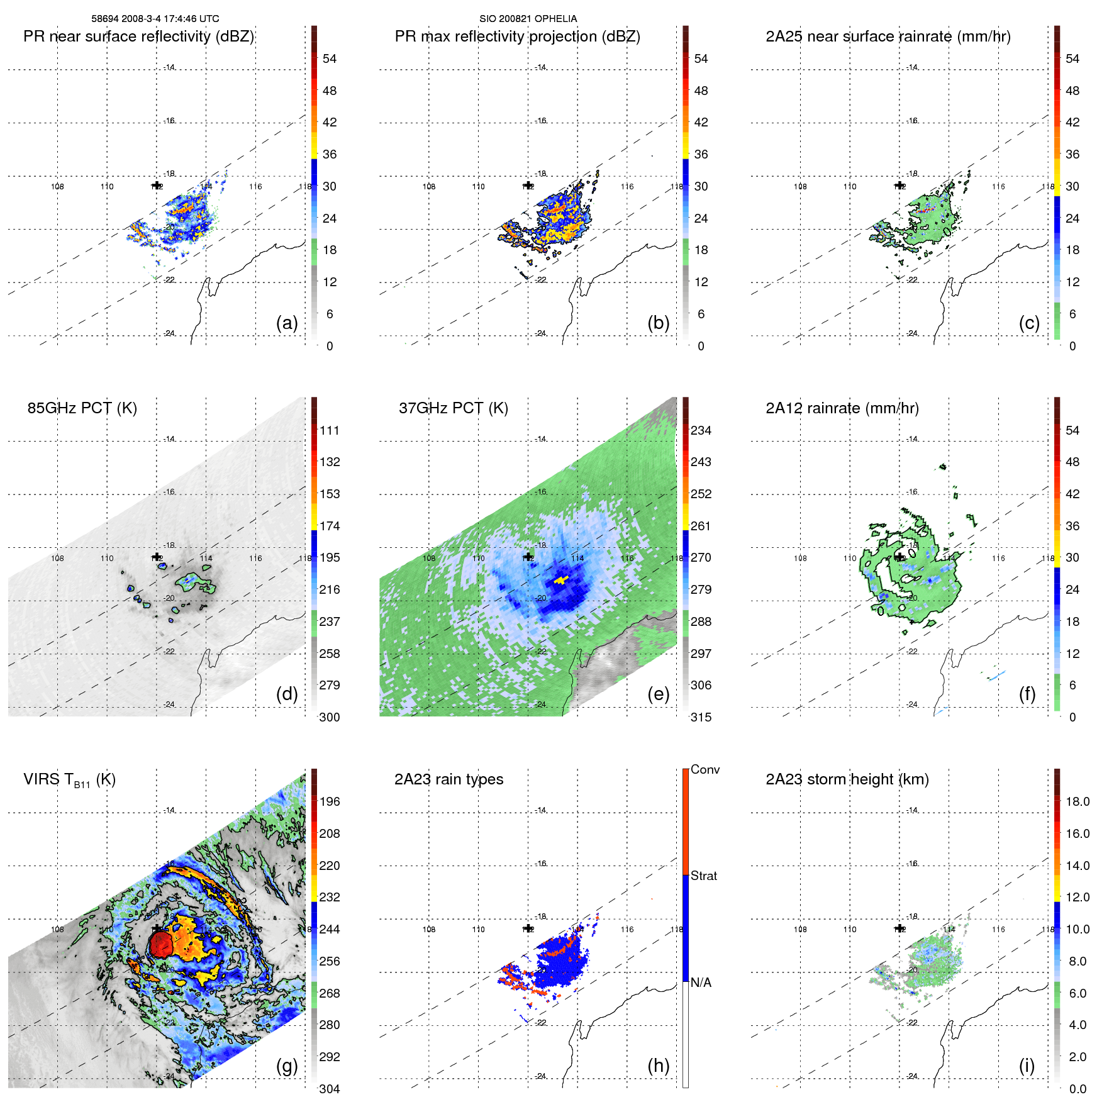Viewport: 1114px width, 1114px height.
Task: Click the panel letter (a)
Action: [x=286, y=323]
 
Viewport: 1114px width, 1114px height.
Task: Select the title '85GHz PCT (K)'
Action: [x=82, y=408]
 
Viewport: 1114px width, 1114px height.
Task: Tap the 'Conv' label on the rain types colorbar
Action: [x=705, y=769]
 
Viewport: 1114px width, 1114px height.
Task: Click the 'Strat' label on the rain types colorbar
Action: [x=703, y=876]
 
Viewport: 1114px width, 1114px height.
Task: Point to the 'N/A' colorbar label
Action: [x=701, y=983]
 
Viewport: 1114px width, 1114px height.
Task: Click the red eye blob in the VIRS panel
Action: [x=161, y=944]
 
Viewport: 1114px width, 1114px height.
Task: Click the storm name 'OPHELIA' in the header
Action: [x=556, y=19]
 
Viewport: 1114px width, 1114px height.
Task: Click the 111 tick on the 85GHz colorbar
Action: [x=330, y=430]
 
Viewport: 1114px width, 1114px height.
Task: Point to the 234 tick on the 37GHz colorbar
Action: [x=701, y=430]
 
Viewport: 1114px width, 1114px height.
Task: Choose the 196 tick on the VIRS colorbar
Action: [x=330, y=801]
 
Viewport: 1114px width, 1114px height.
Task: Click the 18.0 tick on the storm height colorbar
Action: [x=1078, y=801]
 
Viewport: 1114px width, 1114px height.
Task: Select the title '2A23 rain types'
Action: [x=448, y=779]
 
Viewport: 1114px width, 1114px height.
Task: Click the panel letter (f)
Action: [x=1027, y=694]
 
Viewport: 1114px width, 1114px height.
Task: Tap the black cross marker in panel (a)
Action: [x=157, y=185]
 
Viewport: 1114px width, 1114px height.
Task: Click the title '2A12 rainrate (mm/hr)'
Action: [x=842, y=408]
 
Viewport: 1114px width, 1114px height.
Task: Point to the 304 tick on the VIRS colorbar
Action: [x=330, y=1089]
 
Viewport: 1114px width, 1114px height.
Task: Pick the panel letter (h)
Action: [x=658, y=1066]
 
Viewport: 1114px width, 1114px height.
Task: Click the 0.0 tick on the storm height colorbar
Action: [x=1078, y=1089]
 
